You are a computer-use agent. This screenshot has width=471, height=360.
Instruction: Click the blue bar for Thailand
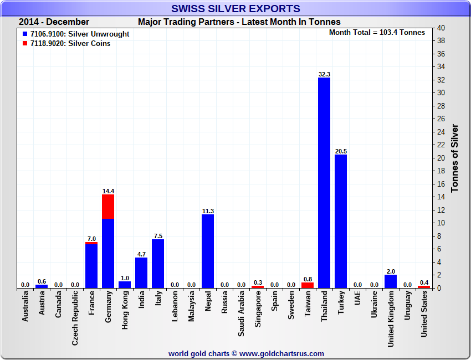[324, 183]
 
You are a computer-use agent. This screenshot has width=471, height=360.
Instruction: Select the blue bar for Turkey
[341, 222]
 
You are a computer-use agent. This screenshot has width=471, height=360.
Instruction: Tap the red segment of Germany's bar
[108, 207]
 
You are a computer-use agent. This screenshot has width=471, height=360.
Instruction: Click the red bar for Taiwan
[308, 285]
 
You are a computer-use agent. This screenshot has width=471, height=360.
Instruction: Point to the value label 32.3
[324, 74]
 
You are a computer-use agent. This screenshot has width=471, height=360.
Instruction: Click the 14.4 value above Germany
[108, 191]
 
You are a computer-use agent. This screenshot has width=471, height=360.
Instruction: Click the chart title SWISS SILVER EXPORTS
[235, 8]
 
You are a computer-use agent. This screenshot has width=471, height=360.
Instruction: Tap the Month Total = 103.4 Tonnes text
[377, 32]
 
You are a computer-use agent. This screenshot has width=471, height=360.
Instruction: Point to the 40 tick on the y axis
[441, 28]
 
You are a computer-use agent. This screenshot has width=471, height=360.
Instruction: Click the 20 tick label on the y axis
[441, 158]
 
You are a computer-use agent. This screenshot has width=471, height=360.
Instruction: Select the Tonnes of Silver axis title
[455, 158]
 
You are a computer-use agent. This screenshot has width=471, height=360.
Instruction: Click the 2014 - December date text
[54, 22]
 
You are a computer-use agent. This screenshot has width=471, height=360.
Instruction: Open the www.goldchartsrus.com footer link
[281, 353]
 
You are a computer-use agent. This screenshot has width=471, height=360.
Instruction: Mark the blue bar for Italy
[158, 264]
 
